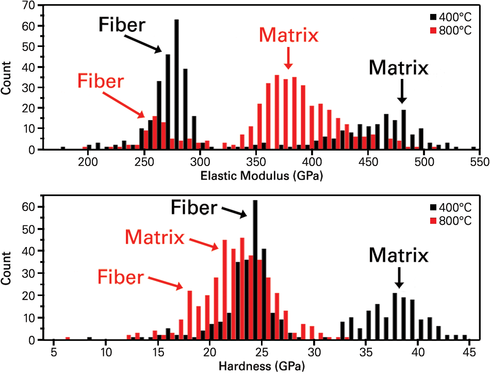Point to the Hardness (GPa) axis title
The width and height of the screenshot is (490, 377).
(x=262, y=367)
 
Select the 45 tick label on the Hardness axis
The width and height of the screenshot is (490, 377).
(x=468, y=353)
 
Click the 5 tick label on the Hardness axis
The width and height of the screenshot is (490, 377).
(x=54, y=353)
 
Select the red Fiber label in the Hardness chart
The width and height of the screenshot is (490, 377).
(x=120, y=277)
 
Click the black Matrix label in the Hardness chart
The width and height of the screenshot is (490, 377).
(x=399, y=255)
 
